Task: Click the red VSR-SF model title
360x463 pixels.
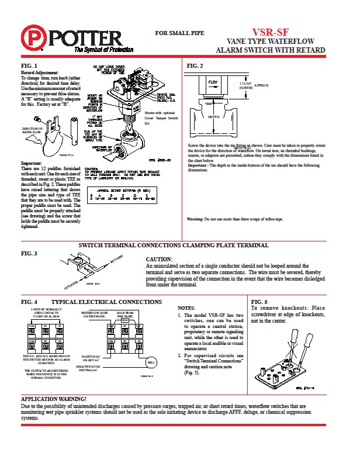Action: pyautogui.click(x=270, y=33)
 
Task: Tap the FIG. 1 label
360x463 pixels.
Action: pyautogui.click(x=29, y=65)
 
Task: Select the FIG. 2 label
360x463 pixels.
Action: pyautogui.click(x=195, y=65)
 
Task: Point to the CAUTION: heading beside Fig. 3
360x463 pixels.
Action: pyautogui.click(x=158, y=259)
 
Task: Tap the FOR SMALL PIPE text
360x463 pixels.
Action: pyautogui.click(x=179, y=33)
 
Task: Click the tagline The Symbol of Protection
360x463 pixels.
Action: pyautogui.click(x=99, y=51)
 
